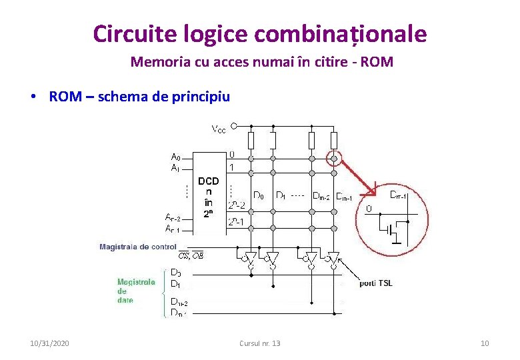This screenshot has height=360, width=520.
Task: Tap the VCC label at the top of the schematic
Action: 218,129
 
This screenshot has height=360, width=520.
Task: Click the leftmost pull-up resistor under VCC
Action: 251,140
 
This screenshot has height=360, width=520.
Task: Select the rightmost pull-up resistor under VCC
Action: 333,140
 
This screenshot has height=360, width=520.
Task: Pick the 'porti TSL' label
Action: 376,283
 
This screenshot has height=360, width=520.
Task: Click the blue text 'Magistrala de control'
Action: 138,247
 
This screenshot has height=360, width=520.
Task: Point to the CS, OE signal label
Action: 191,255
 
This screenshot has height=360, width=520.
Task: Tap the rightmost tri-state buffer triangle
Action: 333,257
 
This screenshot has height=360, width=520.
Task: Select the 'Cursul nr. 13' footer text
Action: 259,343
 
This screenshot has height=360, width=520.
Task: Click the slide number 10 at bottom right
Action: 485,343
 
